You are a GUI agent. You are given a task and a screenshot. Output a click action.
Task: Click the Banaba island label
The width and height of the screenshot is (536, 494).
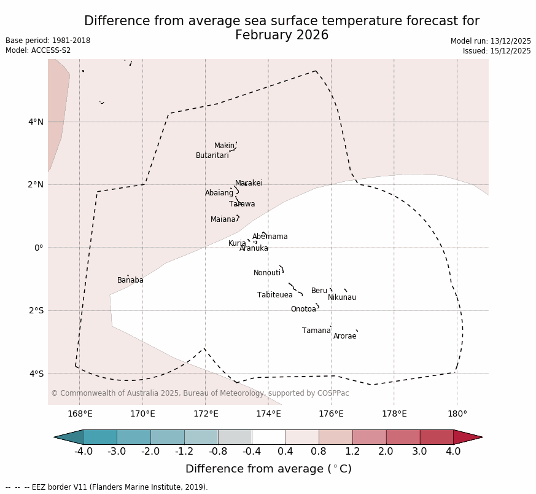130,280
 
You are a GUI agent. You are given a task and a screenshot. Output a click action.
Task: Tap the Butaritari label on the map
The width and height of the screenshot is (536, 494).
212,155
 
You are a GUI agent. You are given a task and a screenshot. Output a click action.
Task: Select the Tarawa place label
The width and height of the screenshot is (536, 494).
242,204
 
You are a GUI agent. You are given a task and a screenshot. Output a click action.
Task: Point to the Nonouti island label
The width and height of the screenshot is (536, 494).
267,273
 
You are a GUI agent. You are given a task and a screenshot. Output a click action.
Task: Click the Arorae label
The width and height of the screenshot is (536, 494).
344,336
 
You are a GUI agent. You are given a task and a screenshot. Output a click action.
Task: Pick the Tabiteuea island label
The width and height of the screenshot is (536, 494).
275,295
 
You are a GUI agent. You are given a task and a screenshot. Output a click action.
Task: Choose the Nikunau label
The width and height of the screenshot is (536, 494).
342,297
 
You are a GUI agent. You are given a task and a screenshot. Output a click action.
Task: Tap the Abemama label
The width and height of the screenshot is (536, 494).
270,237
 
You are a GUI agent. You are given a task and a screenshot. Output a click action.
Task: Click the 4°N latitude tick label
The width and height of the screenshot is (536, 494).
36,122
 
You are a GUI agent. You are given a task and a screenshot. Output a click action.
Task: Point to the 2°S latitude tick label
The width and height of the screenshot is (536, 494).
36,310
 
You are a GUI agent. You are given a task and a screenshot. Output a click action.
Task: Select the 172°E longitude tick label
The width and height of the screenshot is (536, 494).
206,414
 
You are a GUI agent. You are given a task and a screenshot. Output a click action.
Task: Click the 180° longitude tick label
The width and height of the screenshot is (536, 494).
457,414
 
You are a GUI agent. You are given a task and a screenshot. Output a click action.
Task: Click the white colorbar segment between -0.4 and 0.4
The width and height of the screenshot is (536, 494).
268,437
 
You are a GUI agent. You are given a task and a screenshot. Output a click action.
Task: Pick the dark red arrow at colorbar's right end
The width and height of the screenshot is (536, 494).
468,437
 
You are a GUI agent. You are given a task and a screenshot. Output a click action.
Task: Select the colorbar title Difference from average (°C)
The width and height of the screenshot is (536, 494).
268,469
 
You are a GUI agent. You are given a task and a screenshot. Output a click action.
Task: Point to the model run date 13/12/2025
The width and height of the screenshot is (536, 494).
510,41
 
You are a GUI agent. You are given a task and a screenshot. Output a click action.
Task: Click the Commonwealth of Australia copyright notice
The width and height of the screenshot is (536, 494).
200,393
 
